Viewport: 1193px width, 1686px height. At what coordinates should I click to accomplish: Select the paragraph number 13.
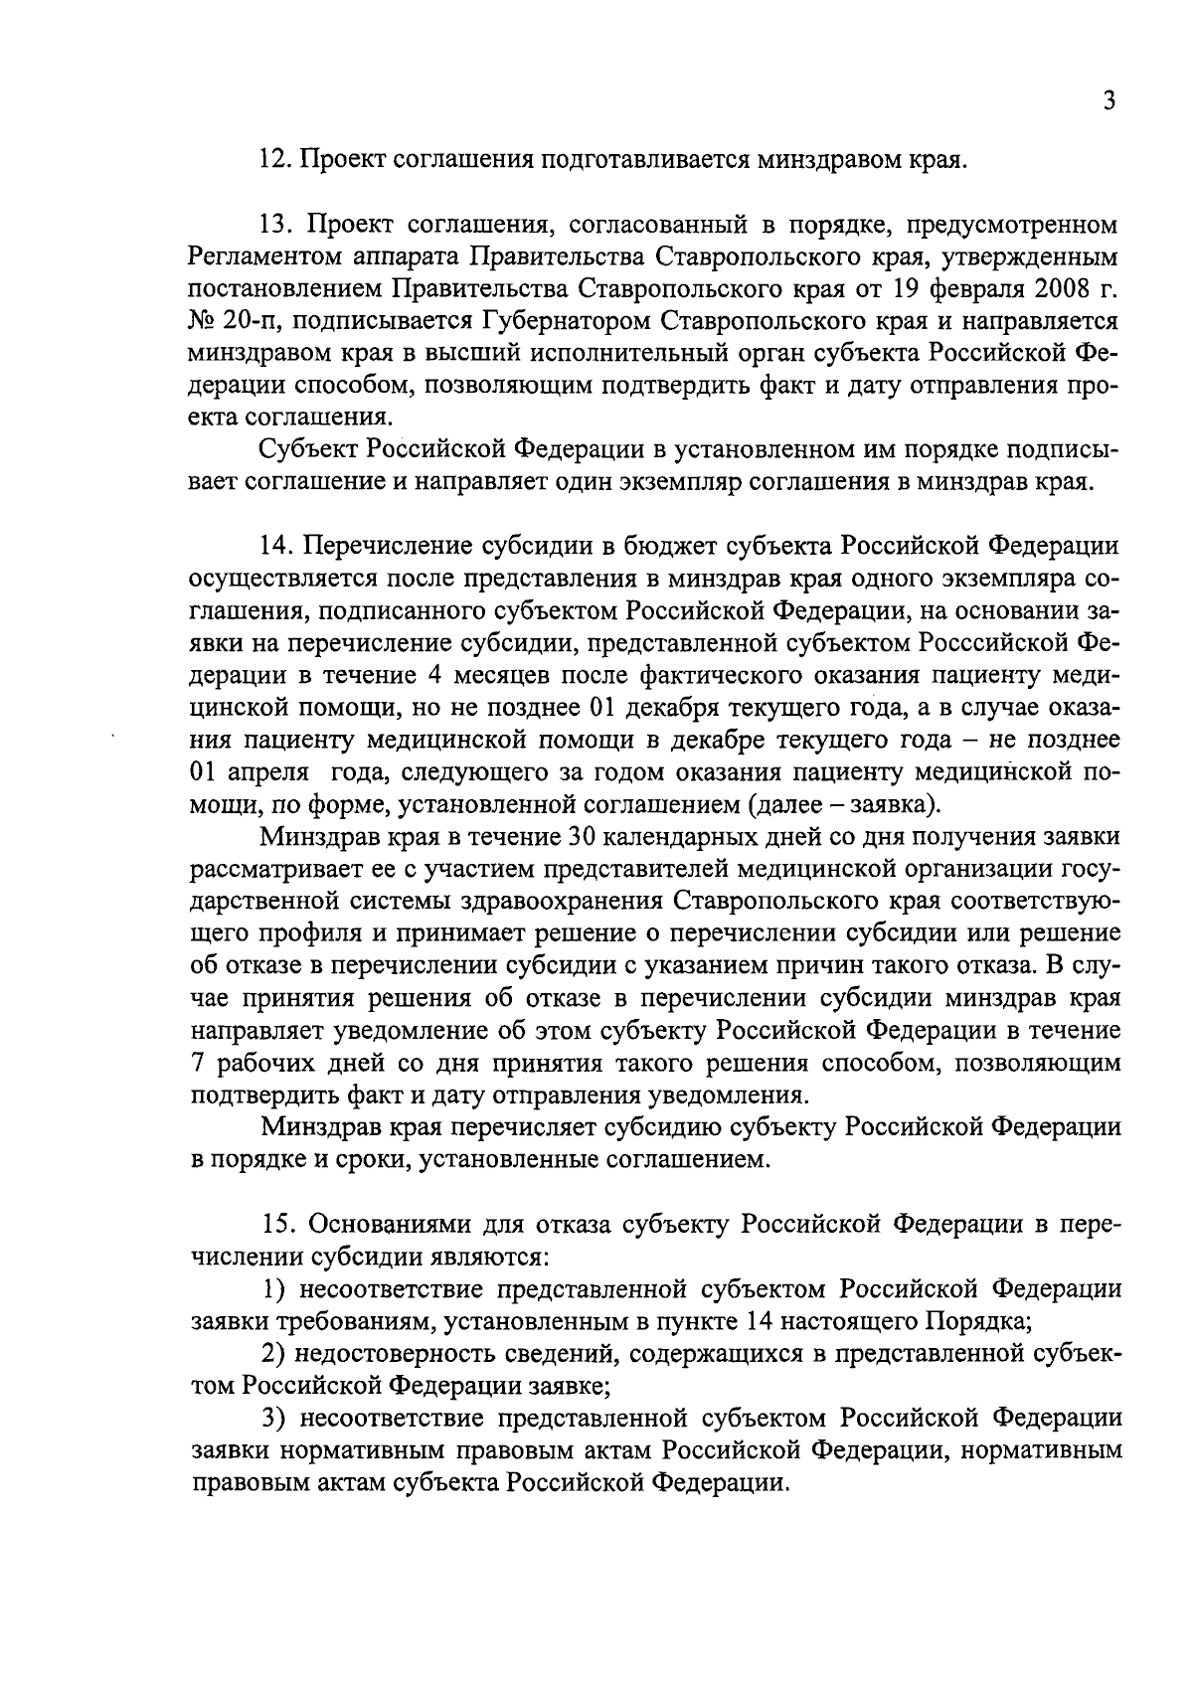[x=273, y=223]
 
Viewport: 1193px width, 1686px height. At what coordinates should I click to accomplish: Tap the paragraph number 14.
[x=274, y=546]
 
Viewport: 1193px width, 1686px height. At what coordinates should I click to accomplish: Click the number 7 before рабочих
[x=196, y=1063]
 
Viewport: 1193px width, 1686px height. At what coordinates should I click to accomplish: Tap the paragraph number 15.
[x=275, y=1224]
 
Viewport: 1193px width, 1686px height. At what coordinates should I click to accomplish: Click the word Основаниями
[x=384, y=1224]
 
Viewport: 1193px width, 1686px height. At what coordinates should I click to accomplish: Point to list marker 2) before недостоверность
[x=273, y=1353]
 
